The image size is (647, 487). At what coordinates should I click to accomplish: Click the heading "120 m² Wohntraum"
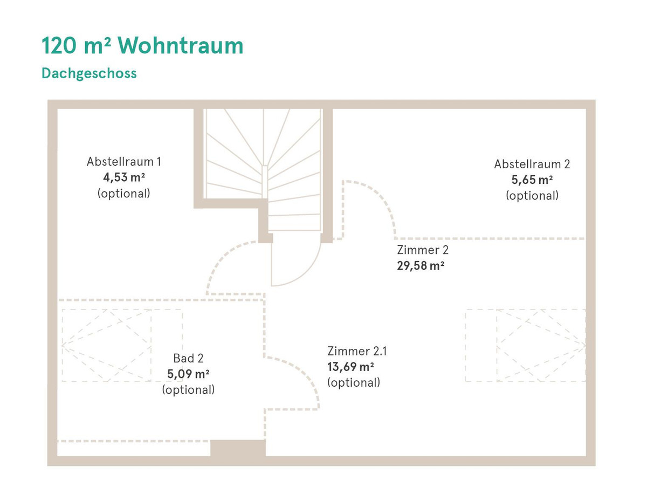coord(142,46)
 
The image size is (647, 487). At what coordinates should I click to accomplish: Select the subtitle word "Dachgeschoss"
coord(89,73)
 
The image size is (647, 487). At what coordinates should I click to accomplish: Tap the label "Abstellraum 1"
coord(123,161)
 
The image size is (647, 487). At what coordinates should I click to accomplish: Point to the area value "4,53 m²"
coord(123,177)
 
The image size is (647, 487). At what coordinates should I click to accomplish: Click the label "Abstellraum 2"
coord(532,164)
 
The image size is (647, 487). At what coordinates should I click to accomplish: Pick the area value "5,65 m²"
coord(532,180)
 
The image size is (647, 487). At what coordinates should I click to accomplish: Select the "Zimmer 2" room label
coord(423,250)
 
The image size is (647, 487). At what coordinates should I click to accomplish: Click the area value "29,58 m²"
coord(421,266)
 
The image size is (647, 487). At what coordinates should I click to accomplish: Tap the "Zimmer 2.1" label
coord(357,352)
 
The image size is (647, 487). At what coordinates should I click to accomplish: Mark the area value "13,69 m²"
coord(351,367)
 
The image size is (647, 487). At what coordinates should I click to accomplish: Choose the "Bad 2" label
coord(188,358)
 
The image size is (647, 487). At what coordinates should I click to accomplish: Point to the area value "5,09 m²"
coord(188,374)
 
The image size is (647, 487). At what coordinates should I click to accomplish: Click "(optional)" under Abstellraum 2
coord(532,196)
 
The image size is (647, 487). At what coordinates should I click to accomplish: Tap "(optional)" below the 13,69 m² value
coord(353,383)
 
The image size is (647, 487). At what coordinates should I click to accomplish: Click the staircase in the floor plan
coord(264,162)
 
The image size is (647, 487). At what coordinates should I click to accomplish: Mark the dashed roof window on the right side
coord(526,345)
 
